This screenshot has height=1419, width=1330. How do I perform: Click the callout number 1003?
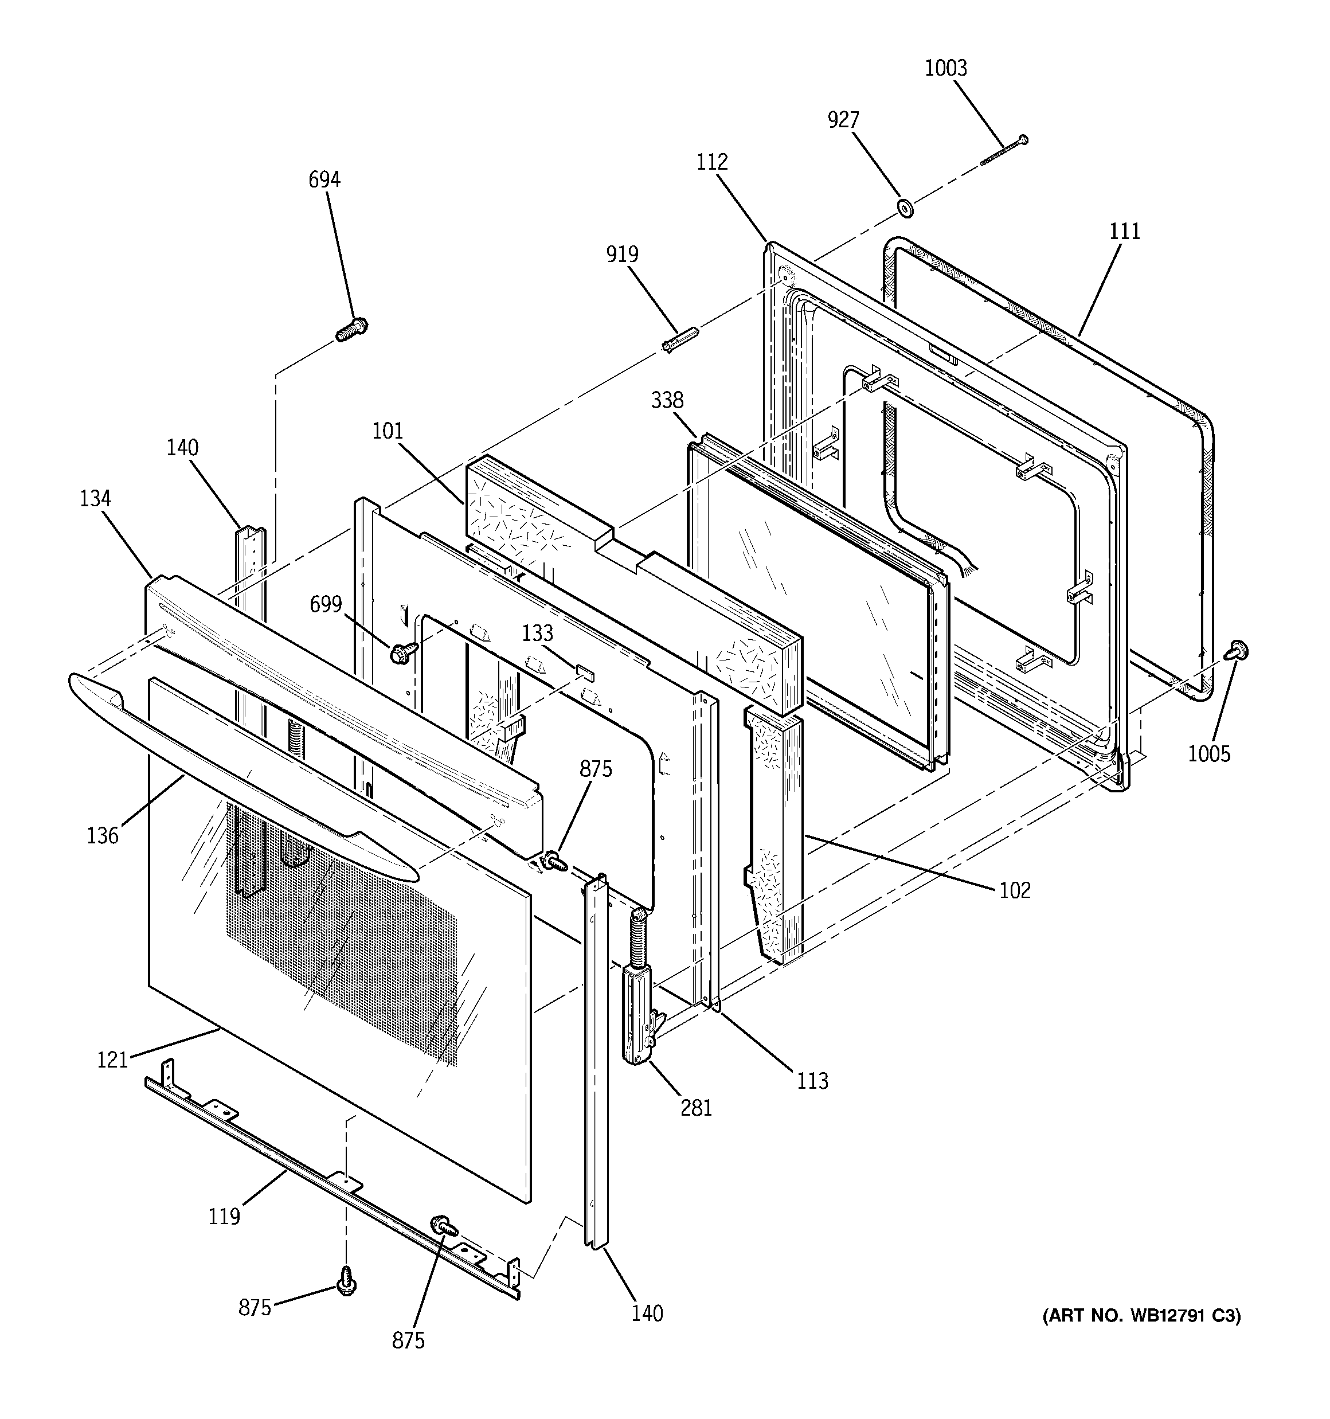pyautogui.click(x=945, y=69)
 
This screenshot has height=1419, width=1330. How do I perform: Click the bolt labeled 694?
pyautogui.click(x=351, y=330)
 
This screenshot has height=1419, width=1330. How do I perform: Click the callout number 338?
pyautogui.click(x=667, y=400)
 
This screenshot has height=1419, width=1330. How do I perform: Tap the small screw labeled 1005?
pyautogui.click(x=1237, y=650)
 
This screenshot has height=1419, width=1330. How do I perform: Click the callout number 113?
pyautogui.click(x=812, y=1081)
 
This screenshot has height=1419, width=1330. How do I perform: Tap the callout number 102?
pyautogui.click(x=1015, y=889)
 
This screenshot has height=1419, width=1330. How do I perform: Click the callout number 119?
pyautogui.click(x=224, y=1215)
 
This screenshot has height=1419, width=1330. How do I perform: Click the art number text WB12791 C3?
pyautogui.click(x=1141, y=1315)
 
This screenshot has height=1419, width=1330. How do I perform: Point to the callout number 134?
pyautogui.click(x=95, y=498)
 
